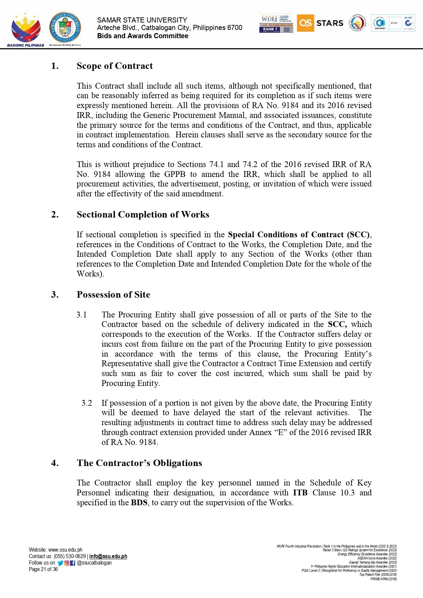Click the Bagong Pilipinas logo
pos(26,30)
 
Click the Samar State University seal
pos(65,28)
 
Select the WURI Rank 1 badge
pos(276,24)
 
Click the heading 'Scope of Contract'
pos(115,66)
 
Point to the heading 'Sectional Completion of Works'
pos(143,214)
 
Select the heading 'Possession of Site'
pos(113,295)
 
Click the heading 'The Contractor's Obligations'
pos(139,463)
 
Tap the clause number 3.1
pos(81,315)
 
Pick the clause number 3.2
pos(87,403)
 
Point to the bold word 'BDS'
pos(139,503)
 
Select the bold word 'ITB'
pos(300,493)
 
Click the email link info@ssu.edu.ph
pos(108,556)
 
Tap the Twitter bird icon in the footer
pos(60,563)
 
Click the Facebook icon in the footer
pos(72,563)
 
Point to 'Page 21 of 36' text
pos(43,569)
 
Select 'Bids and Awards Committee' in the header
pos(142,36)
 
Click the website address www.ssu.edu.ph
pos(65,550)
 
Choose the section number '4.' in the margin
pos(55,463)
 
